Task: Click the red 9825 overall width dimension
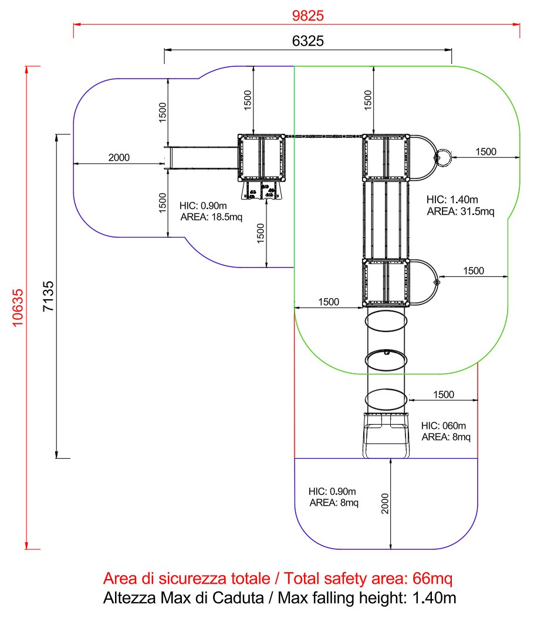coord(307,16)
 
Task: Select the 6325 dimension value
coord(307,41)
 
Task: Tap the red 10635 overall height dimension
coord(18,308)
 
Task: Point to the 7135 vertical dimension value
coord(48,296)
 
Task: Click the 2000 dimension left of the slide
coord(119,157)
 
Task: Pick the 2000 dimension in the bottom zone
coord(385,503)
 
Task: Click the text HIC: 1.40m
coord(452,199)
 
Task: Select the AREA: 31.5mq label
coord(461,212)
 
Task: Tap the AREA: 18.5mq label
coord(211,217)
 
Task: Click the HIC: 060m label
coord(444,425)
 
